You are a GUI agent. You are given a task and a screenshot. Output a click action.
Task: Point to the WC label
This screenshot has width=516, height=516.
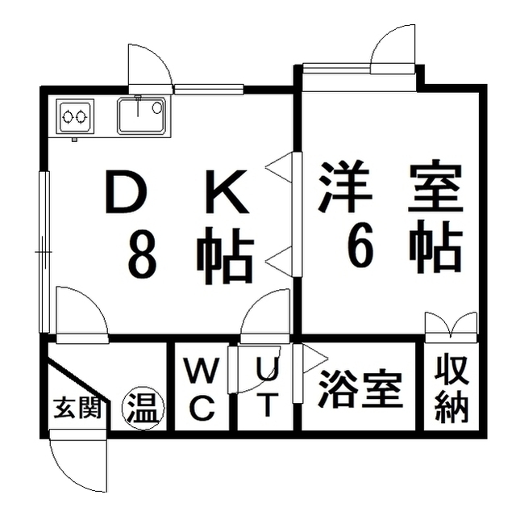202,389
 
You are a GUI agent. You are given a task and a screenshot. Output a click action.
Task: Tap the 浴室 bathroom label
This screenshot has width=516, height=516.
360,390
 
